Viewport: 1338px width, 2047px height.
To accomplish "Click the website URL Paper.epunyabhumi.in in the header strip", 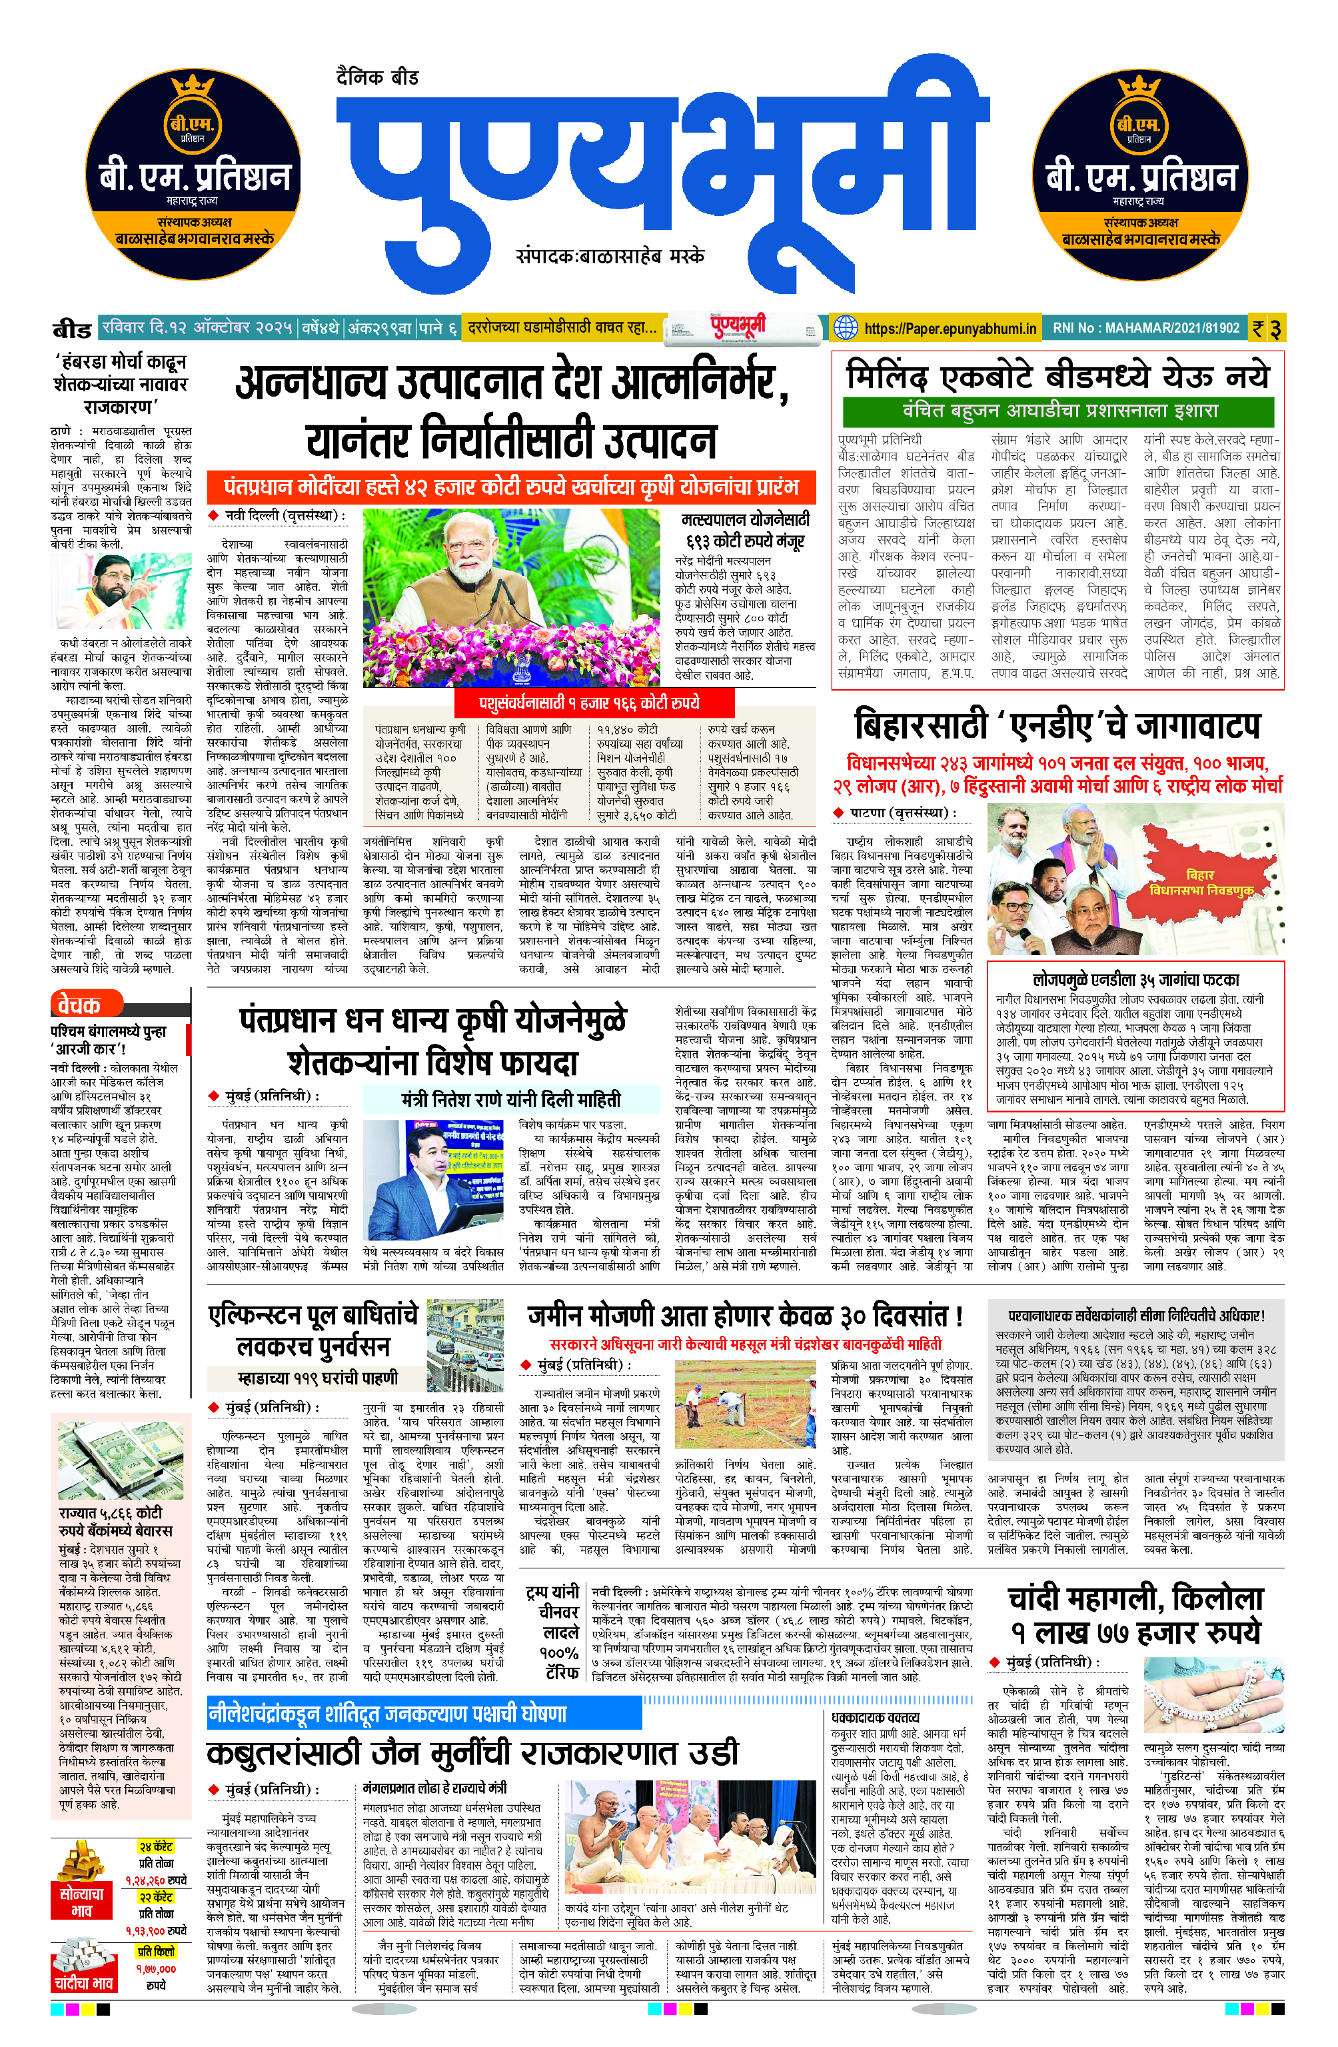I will click(948, 328).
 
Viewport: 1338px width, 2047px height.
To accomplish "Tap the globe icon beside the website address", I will click(846, 328).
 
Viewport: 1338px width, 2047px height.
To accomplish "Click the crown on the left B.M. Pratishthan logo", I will click(193, 87).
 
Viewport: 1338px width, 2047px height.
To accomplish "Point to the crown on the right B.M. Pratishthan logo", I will click(1140, 87).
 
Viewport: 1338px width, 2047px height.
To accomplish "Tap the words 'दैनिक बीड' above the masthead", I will click(378, 77).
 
